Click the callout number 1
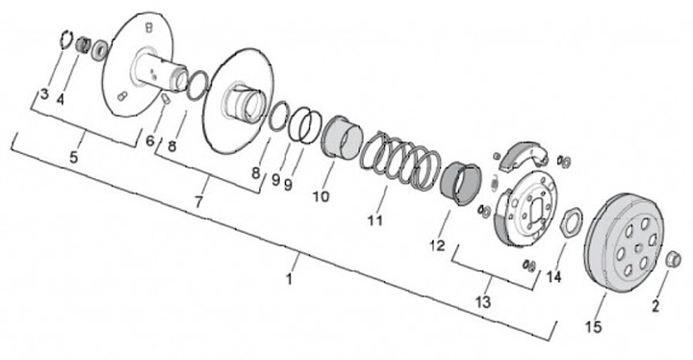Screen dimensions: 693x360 289,279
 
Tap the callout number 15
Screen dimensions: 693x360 594,327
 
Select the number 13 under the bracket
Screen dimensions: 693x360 483,302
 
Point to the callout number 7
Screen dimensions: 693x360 198,202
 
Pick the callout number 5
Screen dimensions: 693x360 73,157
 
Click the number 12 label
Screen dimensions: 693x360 438,245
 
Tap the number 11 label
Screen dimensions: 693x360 375,219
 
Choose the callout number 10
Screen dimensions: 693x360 321,196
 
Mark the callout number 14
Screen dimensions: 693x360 553,277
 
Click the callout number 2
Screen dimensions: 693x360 655,305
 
